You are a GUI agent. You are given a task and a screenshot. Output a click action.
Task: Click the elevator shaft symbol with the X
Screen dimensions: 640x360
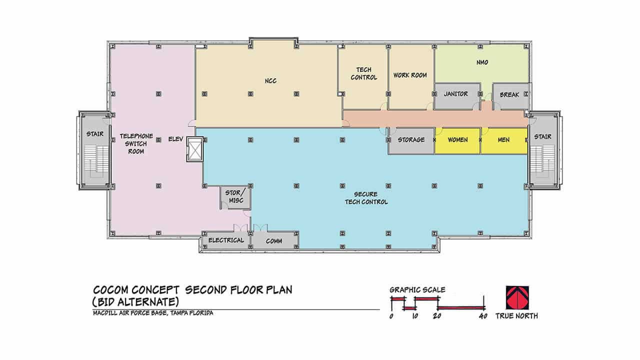(x=195, y=149)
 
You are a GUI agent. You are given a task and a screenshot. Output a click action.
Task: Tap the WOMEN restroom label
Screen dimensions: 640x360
(x=457, y=139)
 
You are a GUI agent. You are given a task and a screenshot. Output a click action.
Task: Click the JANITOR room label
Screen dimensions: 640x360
(x=455, y=93)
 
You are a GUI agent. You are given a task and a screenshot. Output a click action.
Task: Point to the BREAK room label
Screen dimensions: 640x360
(x=509, y=94)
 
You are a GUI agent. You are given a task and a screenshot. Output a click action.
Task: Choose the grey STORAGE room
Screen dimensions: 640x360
(x=411, y=141)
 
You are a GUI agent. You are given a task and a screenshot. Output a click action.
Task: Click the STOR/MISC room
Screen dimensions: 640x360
(x=235, y=197)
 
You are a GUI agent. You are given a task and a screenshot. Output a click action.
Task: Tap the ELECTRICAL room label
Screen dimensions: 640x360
(x=226, y=240)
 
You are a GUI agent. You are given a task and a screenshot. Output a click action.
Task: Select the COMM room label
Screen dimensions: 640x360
(x=274, y=241)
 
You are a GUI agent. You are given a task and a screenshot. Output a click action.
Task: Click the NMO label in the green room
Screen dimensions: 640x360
(x=482, y=62)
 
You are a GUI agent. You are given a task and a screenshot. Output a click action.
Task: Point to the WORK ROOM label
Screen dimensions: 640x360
(x=410, y=75)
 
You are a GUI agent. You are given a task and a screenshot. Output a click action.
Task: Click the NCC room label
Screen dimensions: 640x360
(x=270, y=81)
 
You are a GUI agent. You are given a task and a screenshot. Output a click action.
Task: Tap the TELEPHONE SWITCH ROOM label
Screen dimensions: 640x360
(x=136, y=143)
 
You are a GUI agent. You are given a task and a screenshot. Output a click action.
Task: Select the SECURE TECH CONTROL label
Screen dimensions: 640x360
(x=366, y=198)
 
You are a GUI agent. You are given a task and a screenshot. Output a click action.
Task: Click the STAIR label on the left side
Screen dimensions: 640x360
(x=95, y=133)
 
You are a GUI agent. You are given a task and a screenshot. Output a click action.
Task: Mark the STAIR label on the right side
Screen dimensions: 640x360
(x=543, y=136)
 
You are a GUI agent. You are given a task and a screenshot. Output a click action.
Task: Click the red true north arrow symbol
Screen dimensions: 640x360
(x=517, y=297)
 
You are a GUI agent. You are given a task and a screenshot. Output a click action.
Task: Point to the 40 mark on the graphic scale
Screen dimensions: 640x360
(x=483, y=316)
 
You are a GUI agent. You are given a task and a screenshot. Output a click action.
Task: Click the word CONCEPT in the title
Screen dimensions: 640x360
(x=155, y=290)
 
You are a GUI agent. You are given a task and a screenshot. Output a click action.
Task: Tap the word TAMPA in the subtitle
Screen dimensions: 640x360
(x=179, y=313)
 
